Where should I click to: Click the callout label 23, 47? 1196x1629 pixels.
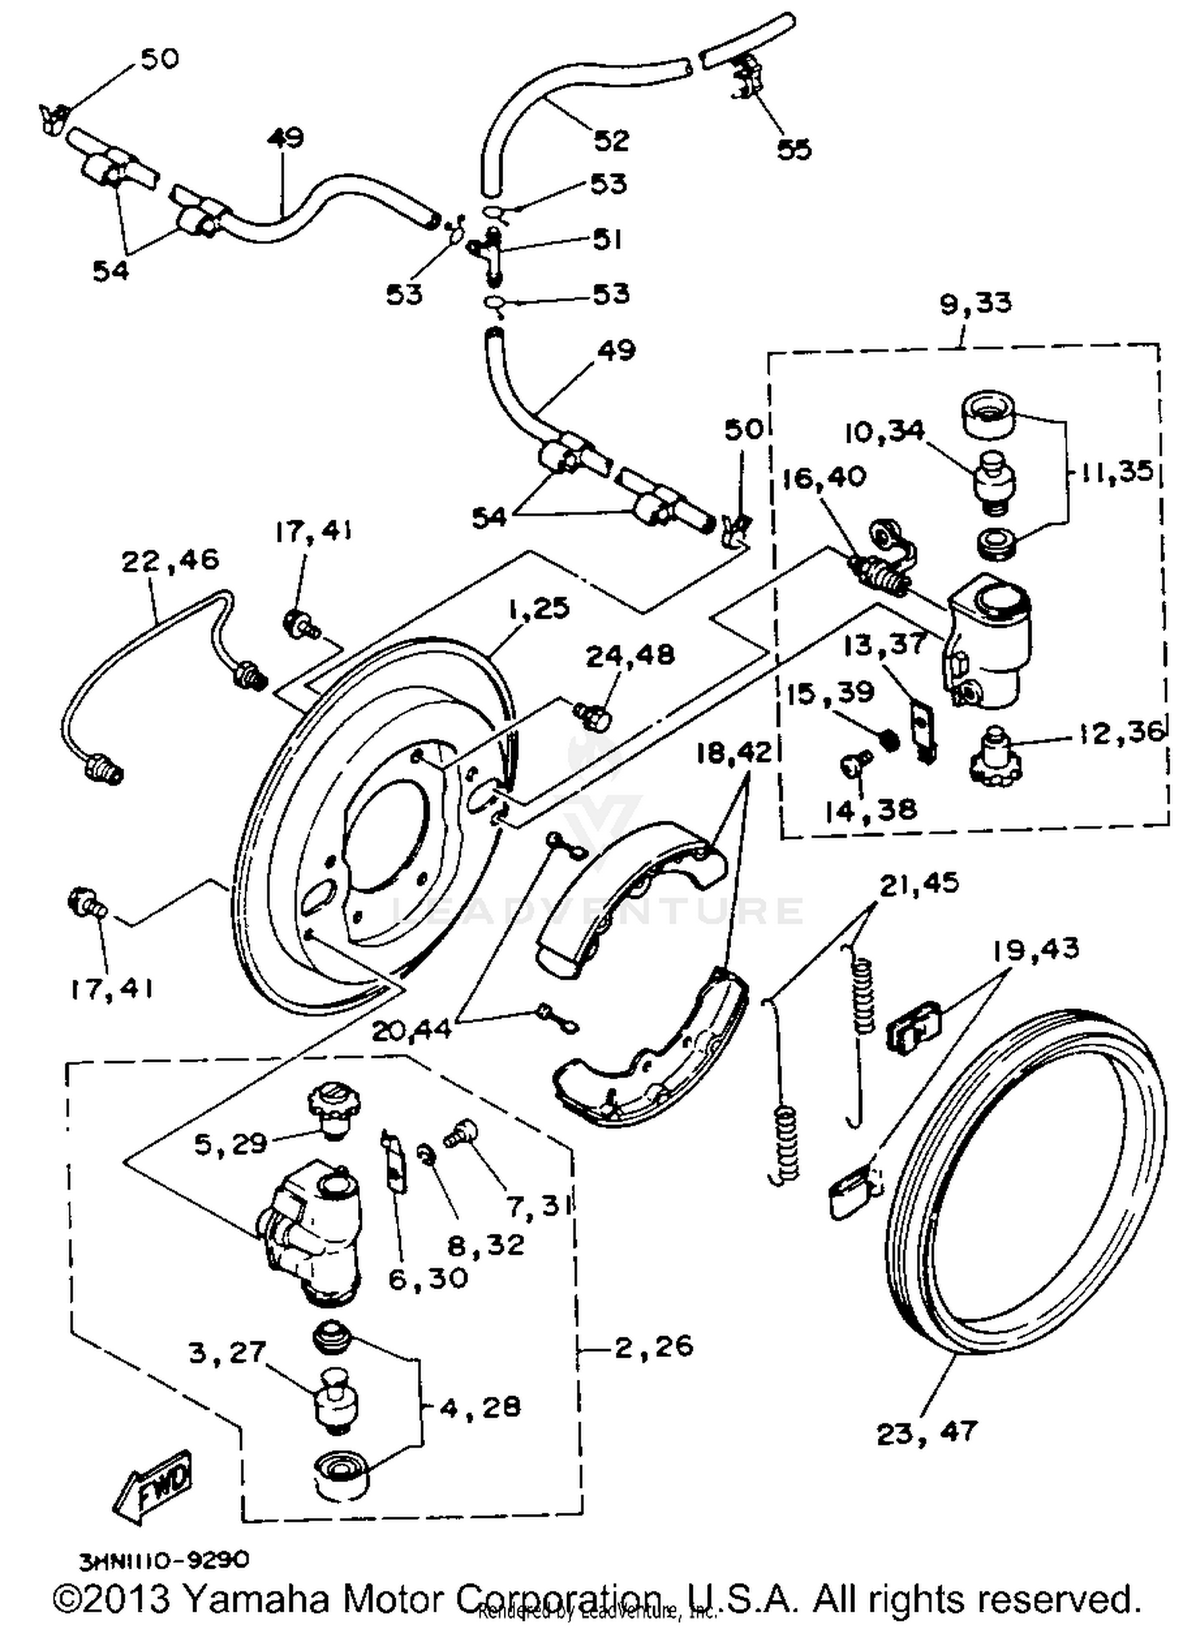926,1433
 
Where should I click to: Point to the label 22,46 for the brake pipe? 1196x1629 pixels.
170,560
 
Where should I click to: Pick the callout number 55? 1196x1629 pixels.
793,149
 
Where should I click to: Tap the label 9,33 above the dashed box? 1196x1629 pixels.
975,303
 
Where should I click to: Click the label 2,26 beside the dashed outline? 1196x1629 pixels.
654,1347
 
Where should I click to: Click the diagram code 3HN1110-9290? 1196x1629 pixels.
163,1559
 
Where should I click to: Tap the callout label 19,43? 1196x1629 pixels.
1036,949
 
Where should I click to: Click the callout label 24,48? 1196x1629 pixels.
630,656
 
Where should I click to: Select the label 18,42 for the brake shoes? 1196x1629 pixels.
734,752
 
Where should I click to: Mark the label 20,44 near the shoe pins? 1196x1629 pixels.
411,1030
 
